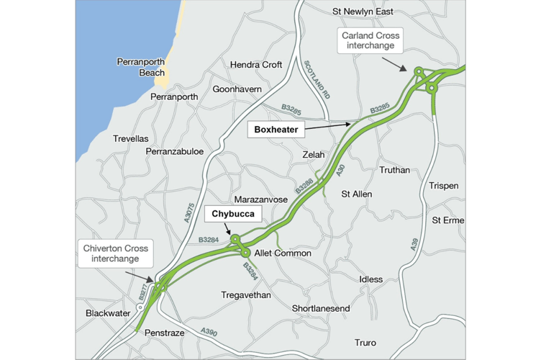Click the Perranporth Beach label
(141, 67)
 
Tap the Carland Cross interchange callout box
(370, 40)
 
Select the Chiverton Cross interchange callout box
(114, 253)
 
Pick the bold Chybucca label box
(233, 214)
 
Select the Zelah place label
(314, 155)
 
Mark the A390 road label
(209, 332)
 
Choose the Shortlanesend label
(321, 308)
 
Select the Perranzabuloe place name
(174, 152)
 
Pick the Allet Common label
(283, 253)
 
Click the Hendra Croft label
(255, 65)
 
